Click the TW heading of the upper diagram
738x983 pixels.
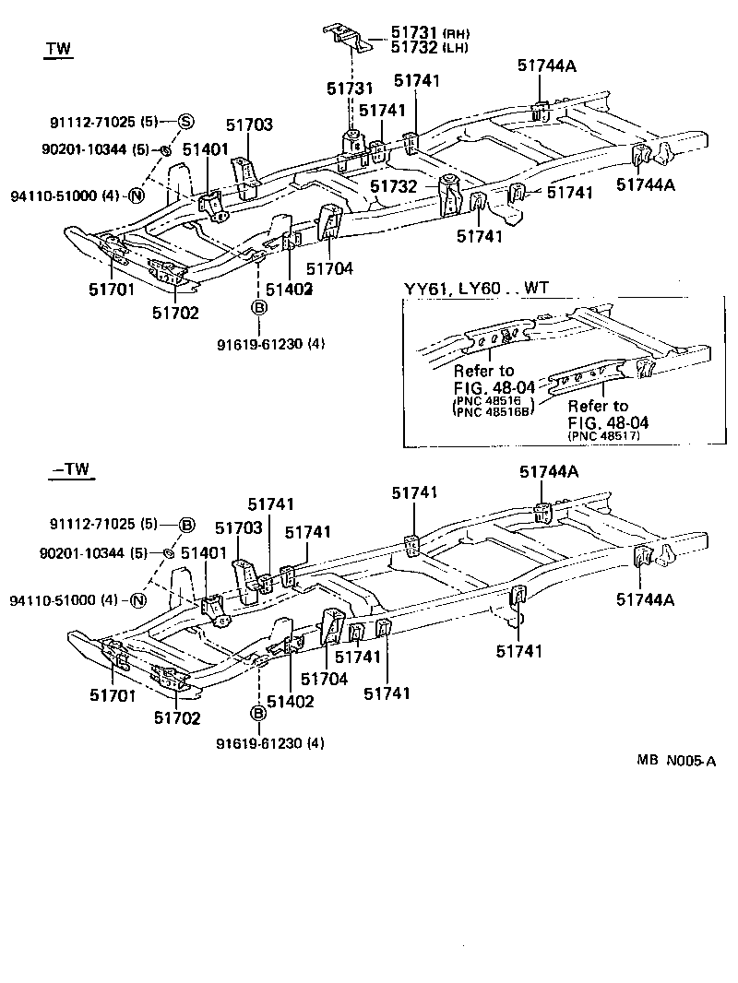point(59,48)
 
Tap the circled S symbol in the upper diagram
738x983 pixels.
point(185,122)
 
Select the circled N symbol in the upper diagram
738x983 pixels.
point(136,195)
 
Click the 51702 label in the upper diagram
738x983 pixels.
point(175,313)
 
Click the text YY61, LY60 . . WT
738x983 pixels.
point(476,289)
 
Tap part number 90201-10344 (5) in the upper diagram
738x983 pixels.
point(95,149)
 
